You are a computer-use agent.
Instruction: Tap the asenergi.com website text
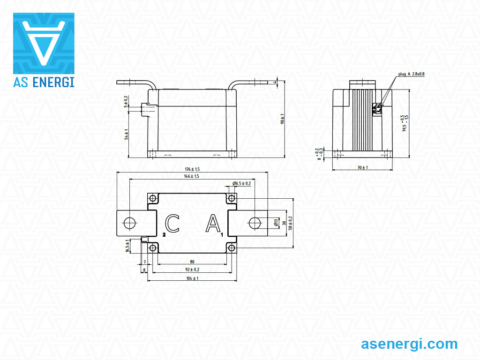click(409, 344)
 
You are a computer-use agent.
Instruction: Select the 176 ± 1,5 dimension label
click(192, 169)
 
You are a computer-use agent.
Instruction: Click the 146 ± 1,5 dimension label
click(192, 176)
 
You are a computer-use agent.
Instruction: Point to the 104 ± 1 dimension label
click(192, 278)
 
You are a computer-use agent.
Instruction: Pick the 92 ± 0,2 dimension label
click(192, 270)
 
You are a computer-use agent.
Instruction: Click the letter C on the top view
click(172, 224)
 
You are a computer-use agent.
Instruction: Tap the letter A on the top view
click(213, 224)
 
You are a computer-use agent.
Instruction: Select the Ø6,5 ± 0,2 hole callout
click(242, 183)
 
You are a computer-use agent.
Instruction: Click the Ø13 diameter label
click(276, 223)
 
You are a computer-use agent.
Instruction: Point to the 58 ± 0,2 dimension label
click(290, 223)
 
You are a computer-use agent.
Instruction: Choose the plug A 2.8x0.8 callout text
click(411, 74)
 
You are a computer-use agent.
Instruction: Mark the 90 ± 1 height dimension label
click(283, 119)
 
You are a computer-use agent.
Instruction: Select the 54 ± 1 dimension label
click(126, 134)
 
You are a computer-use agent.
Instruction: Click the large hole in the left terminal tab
click(129, 223)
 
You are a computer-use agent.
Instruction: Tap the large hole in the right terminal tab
click(255, 223)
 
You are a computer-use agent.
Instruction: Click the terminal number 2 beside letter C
click(164, 233)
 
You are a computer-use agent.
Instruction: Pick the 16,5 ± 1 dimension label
click(127, 246)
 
